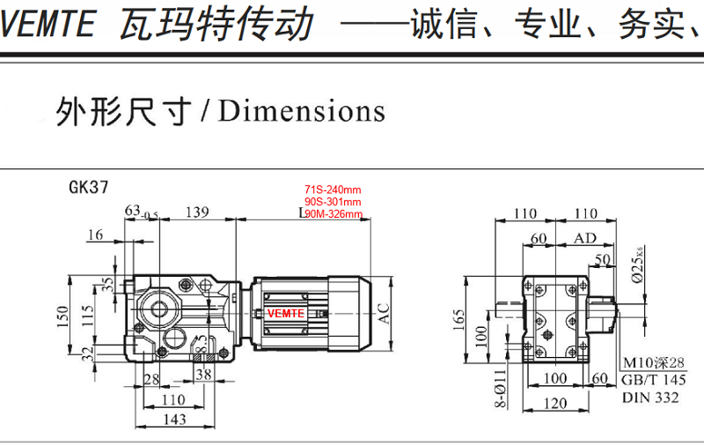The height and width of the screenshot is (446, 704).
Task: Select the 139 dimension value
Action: click(198, 212)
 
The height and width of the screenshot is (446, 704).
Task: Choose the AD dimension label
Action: click(584, 239)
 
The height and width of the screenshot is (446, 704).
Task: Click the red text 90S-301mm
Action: click(333, 202)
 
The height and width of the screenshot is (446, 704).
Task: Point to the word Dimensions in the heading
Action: click(302, 111)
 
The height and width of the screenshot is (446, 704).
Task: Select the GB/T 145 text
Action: click(653, 380)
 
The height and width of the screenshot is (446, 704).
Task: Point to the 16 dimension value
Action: click(95, 234)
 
